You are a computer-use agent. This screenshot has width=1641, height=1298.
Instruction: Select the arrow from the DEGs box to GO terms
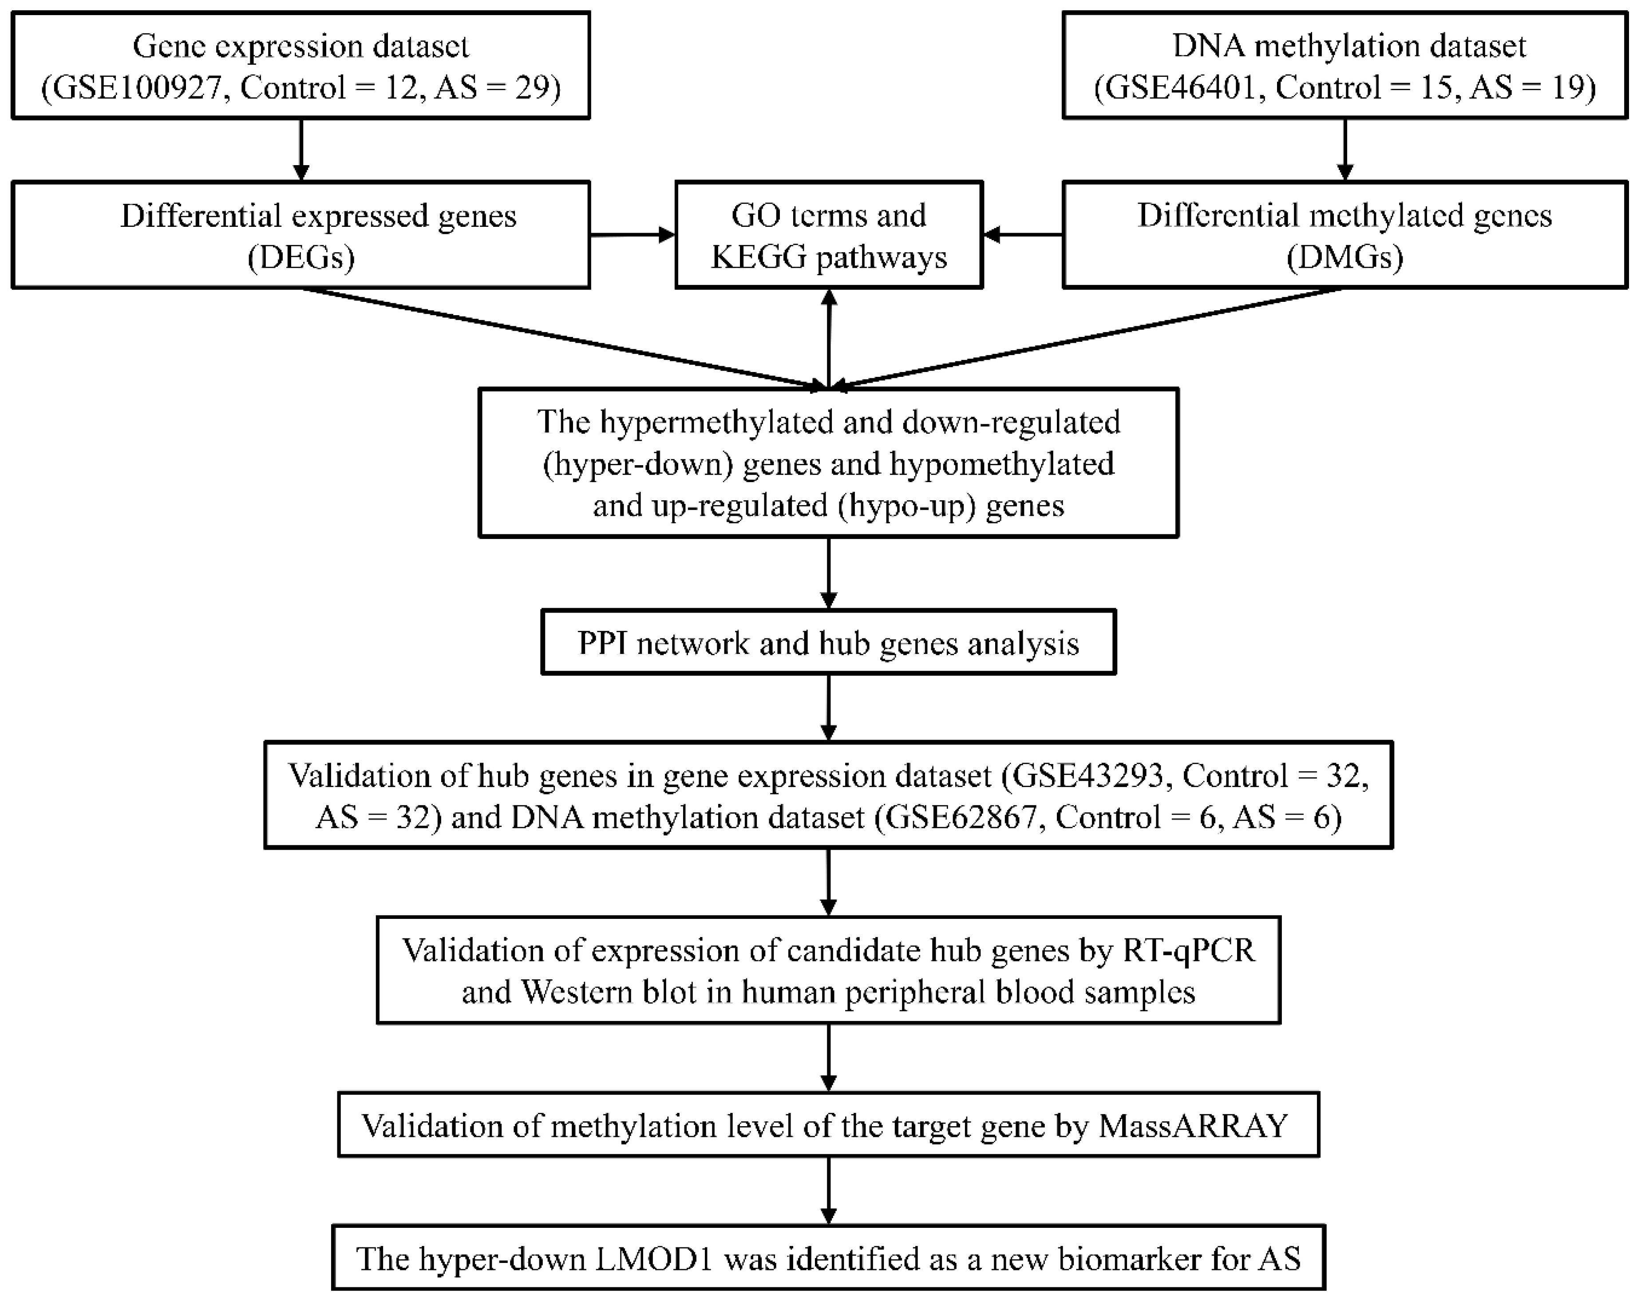click(x=632, y=235)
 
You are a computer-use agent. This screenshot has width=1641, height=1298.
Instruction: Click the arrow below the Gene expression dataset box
click(x=301, y=150)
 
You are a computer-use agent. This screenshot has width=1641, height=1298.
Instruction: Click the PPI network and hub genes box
click(x=828, y=643)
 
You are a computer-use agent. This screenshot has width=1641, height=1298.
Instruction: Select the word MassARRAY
click(x=1193, y=1125)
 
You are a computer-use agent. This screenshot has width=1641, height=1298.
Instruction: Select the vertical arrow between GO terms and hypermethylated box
click(x=828, y=338)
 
